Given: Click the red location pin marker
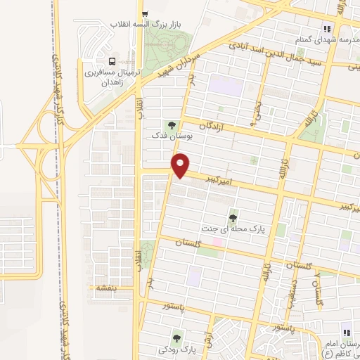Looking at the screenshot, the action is (x=181, y=165).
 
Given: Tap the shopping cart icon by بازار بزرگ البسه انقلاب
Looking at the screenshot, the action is (x=144, y=13).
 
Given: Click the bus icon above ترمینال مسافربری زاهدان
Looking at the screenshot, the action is (x=114, y=60).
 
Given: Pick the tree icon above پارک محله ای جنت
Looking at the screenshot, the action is (x=233, y=217).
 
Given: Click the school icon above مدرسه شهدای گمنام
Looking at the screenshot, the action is (x=326, y=28).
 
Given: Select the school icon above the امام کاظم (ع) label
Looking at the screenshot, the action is (x=345, y=332).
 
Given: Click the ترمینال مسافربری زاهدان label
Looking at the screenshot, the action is (x=114, y=77).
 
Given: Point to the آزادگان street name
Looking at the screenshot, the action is (x=216, y=124).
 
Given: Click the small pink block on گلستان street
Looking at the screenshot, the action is (x=218, y=243).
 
